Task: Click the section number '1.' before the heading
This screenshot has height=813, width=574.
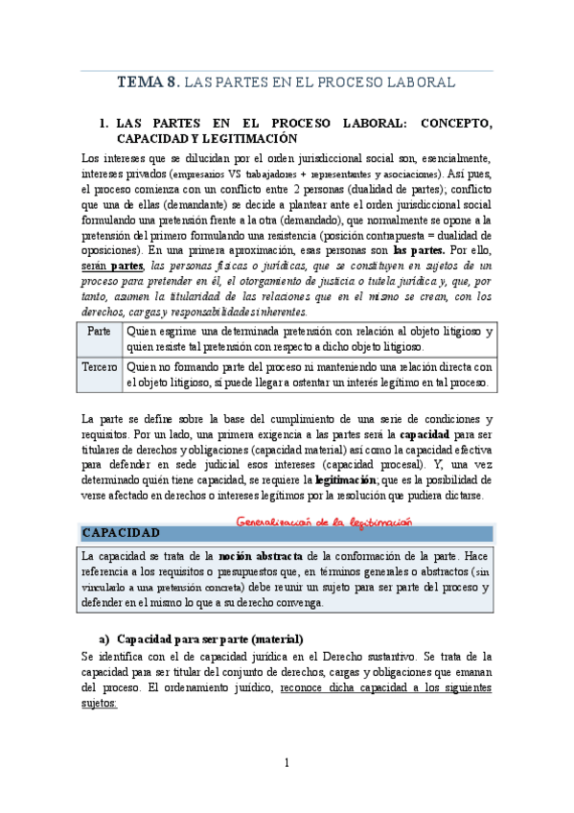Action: click(x=105, y=125)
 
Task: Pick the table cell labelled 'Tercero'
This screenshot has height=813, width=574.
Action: click(x=100, y=367)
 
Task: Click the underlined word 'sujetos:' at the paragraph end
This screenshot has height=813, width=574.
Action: click(x=100, y=702)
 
